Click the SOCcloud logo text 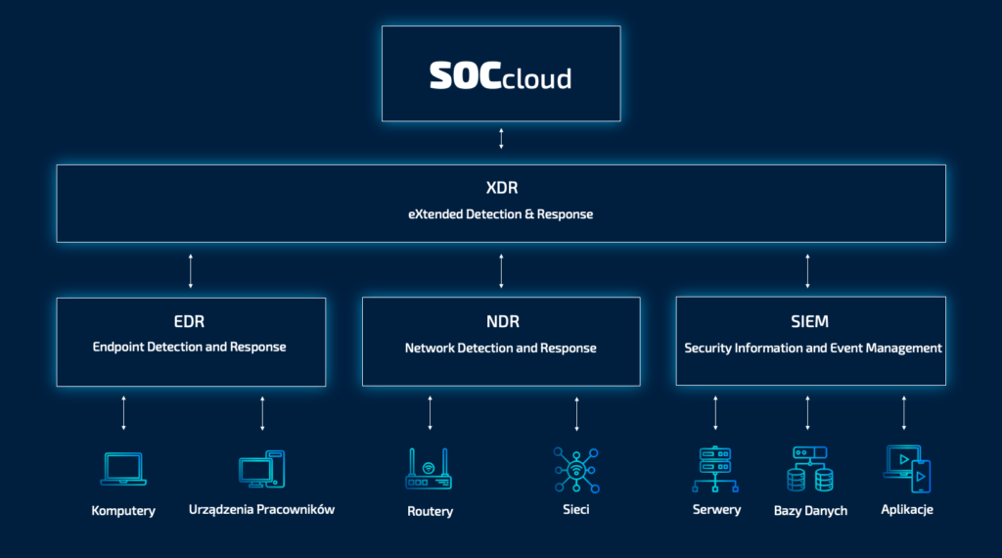click(x=500, y=76)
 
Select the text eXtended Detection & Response click(x=500, y=213)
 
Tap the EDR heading click(x=190, y=322)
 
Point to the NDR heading click(x=501, y=322)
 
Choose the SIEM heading click(x=810, y=322)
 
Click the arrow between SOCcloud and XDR click(x=501, y=137)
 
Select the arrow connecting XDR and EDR click(x=191, y=270)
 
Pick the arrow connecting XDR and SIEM click(x=807, y=270)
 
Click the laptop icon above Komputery click(x=123, y=469)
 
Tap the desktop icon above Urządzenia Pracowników click(x=261, y=470)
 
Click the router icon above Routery click(x=429, y=469)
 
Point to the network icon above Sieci click(x=575, y=469)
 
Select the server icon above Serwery click(x=715, y=469)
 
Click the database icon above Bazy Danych click(x=809, y=469)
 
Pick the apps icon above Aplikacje click(x=906, y=469)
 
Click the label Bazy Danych click(x=810, y=511)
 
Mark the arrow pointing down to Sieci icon click(x=576, y=413)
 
